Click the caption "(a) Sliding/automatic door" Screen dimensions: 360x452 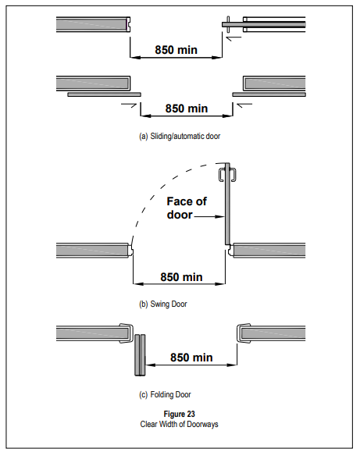point(180,136)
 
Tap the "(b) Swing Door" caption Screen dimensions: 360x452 point(163,304)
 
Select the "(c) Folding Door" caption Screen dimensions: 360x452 point(165,394)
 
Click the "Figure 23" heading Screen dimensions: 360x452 point(179,414)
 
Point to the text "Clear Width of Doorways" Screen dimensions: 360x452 point(179,425)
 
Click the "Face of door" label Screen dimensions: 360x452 point(187,208)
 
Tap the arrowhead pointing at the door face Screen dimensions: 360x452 point(221,216)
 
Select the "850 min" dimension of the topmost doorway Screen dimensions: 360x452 point(176,50)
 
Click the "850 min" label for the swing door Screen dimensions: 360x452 point(181,277)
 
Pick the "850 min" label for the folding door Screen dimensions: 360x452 point(191,358)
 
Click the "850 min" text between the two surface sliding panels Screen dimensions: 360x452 point(187,109)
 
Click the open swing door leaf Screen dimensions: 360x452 point(227,204)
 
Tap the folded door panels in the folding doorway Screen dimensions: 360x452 point(141,355)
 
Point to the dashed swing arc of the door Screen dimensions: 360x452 point(162,184)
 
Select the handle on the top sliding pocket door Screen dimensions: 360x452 point(228,24)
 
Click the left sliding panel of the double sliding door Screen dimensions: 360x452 point(105,94)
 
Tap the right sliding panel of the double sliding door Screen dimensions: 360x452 point(269,94)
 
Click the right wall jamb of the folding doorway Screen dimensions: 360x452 point(243,333)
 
